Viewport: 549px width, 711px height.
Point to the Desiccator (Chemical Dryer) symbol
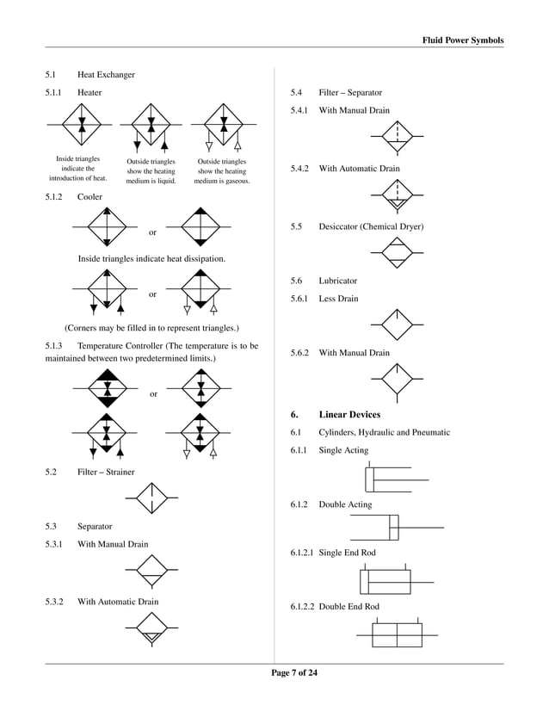click(x=397, y=252)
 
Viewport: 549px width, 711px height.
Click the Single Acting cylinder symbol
click(x=396, y=479)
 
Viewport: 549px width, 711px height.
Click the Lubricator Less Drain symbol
click(x=397, y=324)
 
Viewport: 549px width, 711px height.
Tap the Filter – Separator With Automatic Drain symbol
click(x=397, y=195)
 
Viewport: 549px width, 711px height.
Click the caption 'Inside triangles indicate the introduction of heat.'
click(x=77, y=169)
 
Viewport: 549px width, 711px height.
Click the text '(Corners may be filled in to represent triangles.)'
click(x=151, y=328)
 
